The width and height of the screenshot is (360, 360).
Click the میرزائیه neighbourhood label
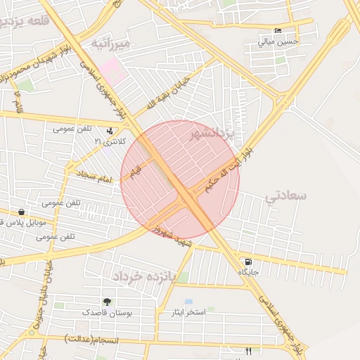(111, 45)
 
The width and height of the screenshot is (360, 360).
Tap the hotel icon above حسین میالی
(278, 31)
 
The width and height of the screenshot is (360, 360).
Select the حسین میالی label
(278, 41)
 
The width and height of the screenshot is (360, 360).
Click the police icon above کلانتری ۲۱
(109, 131)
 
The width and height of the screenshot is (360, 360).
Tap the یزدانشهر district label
(215, 134)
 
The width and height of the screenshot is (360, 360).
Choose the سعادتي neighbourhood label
(286, 197)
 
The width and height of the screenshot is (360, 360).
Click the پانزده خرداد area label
(141, 275)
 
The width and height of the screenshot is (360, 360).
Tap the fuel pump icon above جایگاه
(248, 262)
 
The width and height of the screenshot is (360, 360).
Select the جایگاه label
(248, 272)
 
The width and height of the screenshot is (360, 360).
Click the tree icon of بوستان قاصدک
(107, 301)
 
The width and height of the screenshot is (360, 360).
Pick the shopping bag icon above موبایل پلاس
(22, 212)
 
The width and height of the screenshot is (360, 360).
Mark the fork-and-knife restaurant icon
(247, 350)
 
